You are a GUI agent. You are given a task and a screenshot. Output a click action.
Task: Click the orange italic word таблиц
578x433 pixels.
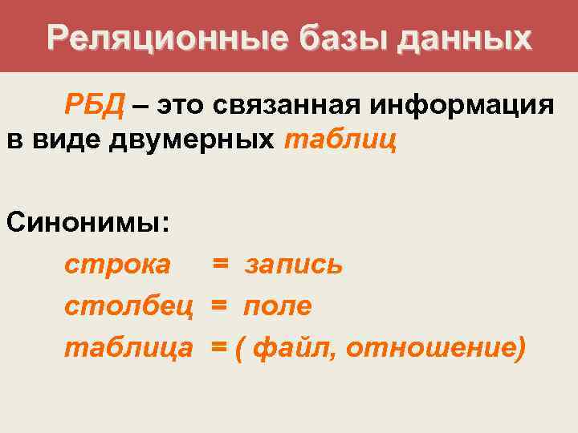click(x=340, y=141)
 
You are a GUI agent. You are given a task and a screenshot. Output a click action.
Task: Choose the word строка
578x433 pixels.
click(x=117, y=265)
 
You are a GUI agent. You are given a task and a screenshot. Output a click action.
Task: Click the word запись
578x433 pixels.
click(x=293, y=265)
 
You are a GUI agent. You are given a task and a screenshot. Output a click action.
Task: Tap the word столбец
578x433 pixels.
click(x=128, y=306)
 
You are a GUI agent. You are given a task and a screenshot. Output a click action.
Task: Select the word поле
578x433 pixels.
click(x=278, y=306)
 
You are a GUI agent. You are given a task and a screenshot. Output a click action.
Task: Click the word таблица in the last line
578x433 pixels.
click(x=128, y=348)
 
